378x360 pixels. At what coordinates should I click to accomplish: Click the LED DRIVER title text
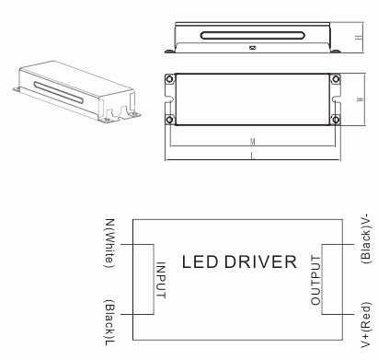click(x=239, y=261)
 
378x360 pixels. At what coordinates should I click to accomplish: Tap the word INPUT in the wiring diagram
click(x=161, y=280)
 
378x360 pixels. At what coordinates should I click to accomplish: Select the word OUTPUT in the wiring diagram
click(x=315, y=280)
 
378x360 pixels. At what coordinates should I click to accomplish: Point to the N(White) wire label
click(x=109, y=243)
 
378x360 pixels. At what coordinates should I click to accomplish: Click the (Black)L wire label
click(x=109, y=322)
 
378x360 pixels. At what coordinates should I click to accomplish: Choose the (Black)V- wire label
click(x=366, y=238)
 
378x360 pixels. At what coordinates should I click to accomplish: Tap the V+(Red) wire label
click(x=366, y=325)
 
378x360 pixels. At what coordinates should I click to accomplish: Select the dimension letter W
click(x=361, y=99)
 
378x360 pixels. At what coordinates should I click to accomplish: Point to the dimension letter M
click(x=252, y=142)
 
